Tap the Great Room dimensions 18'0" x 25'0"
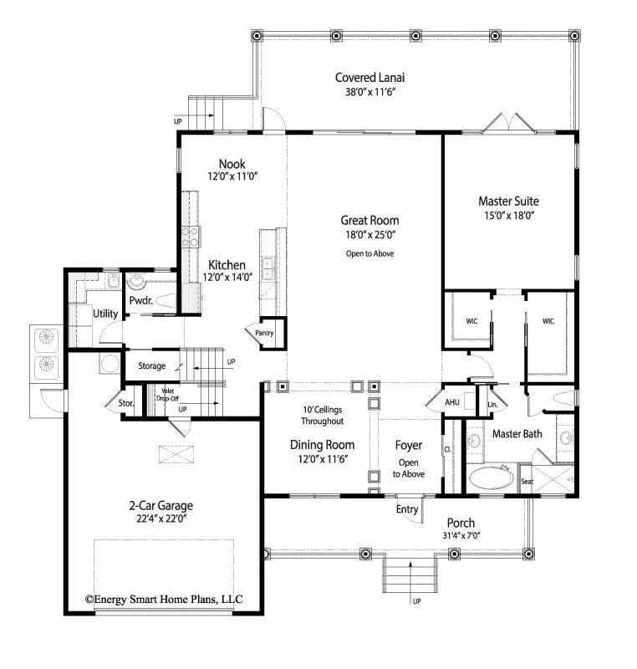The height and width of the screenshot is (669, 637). click(x=369, y=235)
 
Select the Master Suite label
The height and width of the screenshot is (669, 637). click(x=508, y=201)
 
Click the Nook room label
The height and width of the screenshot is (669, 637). click(x=232, y=164)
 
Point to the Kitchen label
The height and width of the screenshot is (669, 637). click(x=227, y=265)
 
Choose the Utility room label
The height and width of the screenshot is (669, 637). click(x=105, y=314)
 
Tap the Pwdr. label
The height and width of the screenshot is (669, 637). click(x=140, y=300)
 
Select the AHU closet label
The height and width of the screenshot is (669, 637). click(x=452, y=403)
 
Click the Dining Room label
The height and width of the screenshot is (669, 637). click(x=323, y=445)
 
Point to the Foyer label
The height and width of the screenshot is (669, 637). click(x=409, y=446)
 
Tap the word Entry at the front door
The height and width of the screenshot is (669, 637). click(x=407, y=509)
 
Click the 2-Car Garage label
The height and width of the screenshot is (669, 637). click(x=161, y=505)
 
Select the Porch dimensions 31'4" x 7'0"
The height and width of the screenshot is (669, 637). click(x=460, y=536)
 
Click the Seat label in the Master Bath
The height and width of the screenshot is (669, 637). click(x=527, y=482)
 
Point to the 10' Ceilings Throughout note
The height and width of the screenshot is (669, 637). click(x=323, y=415)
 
